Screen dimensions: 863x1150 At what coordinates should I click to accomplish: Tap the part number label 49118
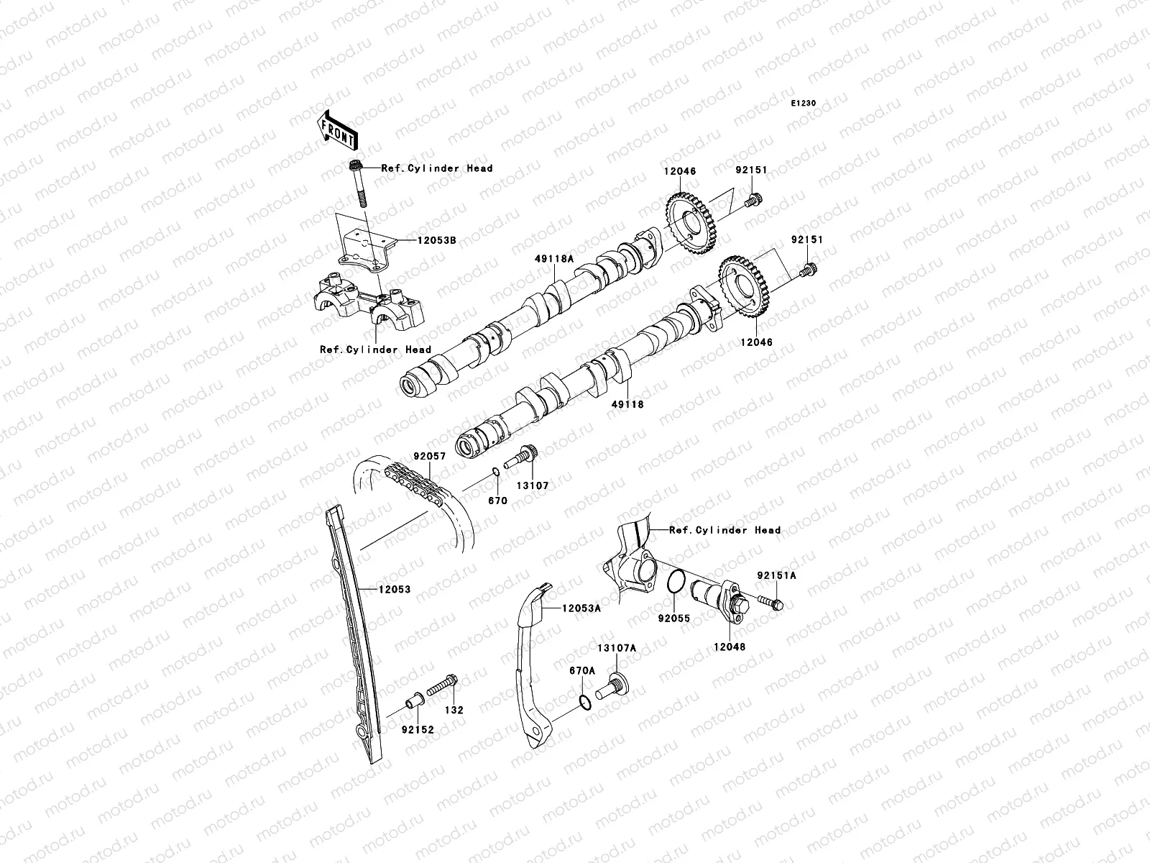tap(628, 404)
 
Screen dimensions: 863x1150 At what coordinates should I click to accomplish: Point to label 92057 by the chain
tap(430, 456)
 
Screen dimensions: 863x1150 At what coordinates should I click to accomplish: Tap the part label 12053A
tap(581, 608)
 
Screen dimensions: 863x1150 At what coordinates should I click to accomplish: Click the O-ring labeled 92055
tap(676, 583)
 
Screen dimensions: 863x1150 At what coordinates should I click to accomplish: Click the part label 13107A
tap(617, 648)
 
